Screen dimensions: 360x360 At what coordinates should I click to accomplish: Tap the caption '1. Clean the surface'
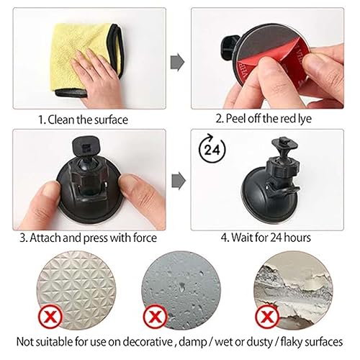(x=84, y=120)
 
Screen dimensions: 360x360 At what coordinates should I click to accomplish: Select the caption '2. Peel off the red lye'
(x=264, y=119)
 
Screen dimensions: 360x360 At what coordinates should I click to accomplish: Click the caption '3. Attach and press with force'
(x=88, y=238)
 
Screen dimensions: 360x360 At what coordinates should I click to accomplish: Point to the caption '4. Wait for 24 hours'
(x=266, y=238)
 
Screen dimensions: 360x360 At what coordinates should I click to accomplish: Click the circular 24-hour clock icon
(x=212, y=148)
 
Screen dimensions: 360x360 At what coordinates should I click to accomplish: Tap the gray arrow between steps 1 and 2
(x=178, y=63)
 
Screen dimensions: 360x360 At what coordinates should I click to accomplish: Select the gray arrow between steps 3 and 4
(x=179, y=181)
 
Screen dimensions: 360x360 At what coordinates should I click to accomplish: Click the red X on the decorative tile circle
(x=50, y=316)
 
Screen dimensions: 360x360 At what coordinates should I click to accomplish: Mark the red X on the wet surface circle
(x=155, y=316)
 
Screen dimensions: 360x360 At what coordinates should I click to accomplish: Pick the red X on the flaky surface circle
(x=267, y=317)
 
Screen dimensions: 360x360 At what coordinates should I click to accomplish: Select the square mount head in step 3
(x=86, y=147)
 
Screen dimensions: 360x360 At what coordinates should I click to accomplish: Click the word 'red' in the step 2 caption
(x=288, y=119)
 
